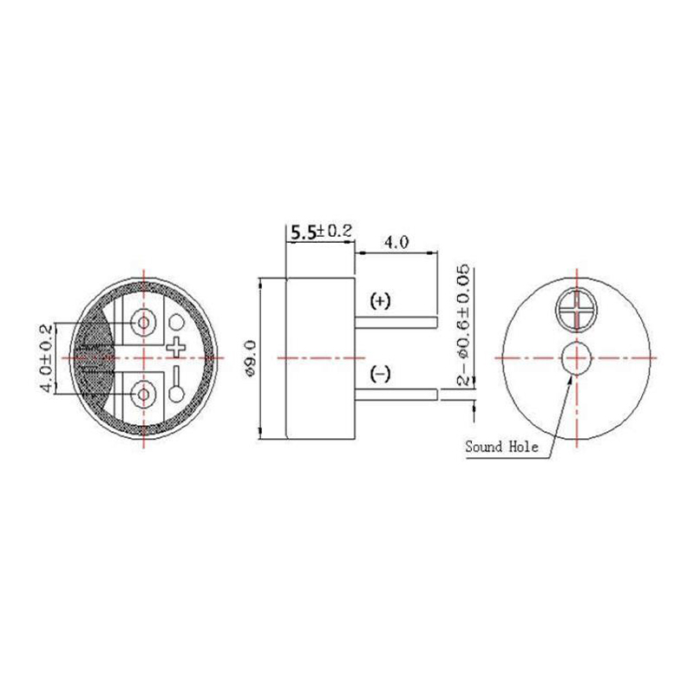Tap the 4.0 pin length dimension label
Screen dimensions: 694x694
click(396, 242)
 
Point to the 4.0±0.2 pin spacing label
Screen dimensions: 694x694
click(46, 358)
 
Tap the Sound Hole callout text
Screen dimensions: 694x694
click(502, 447)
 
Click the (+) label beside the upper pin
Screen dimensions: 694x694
click(380, 301)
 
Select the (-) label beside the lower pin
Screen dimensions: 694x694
click(380, 375)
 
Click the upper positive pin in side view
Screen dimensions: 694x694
click(396, 322)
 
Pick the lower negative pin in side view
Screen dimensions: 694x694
click(396, 395)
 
